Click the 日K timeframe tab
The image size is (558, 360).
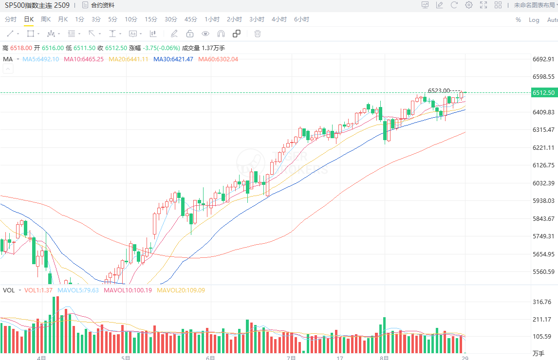point(29,19)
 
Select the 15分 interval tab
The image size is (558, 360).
point(151,19)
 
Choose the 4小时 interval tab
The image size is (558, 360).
point(279,19)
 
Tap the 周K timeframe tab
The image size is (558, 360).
point(46,19)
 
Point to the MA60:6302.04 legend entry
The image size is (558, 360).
point(218,59)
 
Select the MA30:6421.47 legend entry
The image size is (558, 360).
point(173,59)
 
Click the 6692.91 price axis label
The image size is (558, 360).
point(544,59)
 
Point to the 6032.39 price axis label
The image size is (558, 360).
point(544,183)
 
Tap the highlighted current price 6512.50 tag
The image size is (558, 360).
point(544,93)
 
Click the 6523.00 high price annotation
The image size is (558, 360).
point(439,90)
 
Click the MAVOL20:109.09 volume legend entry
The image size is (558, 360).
point(181,290)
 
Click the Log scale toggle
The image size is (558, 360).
point(534,20)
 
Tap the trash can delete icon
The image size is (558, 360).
point(258,34)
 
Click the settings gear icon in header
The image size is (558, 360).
point(469,5)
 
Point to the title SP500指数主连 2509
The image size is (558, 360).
point(37,5)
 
